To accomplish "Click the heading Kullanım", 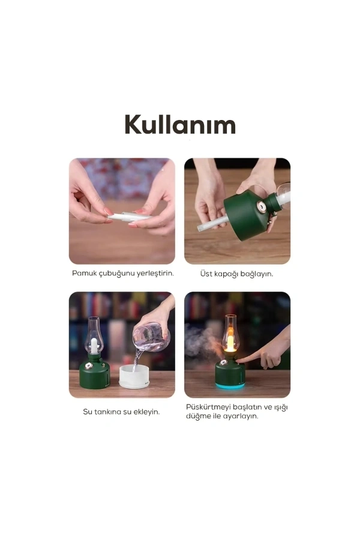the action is point(180,124).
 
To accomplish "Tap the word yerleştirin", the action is point(155,274).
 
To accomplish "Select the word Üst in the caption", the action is point(206,274).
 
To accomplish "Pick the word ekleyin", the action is point(146,412).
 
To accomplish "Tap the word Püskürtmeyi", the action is point(208,407).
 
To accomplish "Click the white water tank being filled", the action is point(134,377).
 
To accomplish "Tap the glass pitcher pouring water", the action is point(151,337).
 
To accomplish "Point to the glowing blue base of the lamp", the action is point(230,385).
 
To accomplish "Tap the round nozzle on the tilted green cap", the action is point(261,207).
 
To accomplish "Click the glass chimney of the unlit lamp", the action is point(94,335).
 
